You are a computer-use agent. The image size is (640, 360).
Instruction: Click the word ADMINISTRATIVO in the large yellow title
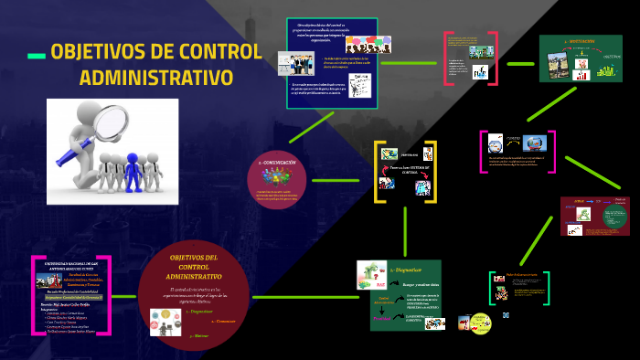coord(155,77)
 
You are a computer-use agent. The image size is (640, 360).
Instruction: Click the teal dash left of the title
coord(37,56)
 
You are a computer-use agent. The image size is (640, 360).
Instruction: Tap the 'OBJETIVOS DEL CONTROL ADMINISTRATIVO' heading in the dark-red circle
coord(194,266)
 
